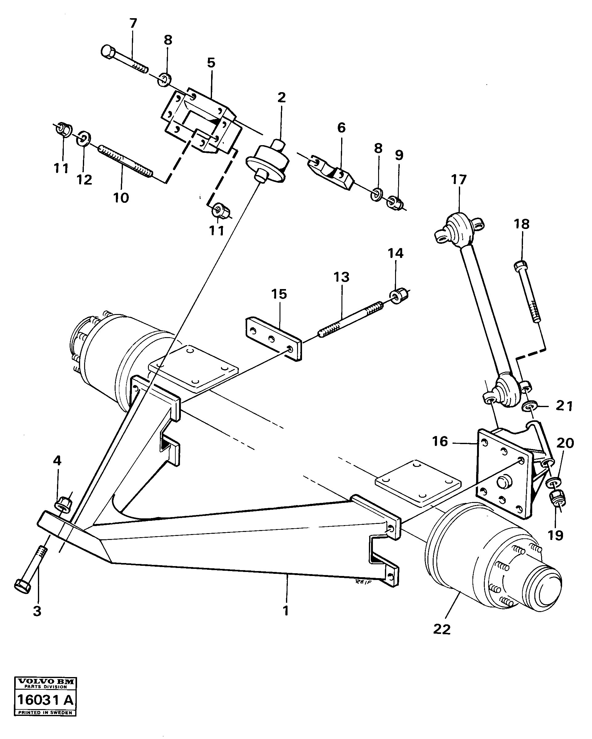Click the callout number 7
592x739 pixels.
pos(133,23)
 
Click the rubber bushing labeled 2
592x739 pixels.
pos(268,162)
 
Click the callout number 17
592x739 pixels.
pos(459,180)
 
